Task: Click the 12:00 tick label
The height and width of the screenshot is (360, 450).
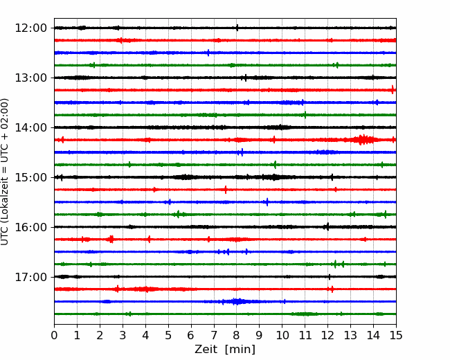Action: click(30, 28)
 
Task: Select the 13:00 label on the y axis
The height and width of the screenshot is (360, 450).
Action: click(30, 78)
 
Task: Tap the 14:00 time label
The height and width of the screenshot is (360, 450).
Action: click(30, 127)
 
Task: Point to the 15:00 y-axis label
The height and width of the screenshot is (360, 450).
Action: click(30, 177)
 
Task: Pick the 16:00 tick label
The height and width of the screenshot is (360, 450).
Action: click(30, 227)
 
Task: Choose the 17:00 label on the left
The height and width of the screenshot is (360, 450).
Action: click(30, 277)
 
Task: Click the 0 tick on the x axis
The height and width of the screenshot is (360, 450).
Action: click(54, 335)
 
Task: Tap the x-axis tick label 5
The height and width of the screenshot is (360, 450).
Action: click(168, 335)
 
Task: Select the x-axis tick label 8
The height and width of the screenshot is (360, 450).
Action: click(237, 335)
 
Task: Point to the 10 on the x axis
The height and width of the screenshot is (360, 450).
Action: click(282, 335)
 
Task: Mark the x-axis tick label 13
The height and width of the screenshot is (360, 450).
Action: click(350, 335)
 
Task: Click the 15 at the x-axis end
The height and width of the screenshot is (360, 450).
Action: click(396, 335)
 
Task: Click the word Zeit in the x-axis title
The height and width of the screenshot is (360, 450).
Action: click(206, 350)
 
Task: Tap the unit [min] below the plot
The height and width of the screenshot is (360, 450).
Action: click(240, 350)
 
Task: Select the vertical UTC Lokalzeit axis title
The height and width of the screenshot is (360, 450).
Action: click(5, 172)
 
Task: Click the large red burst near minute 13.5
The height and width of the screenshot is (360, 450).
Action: click(363, 140)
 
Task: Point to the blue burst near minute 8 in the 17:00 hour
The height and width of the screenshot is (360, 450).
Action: click(237, 301)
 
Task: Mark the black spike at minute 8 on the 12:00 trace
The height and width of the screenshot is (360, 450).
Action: click(237, 28)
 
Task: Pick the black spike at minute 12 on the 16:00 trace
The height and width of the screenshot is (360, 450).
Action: click(327, 227)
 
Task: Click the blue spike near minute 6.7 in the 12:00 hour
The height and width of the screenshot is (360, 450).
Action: click(208, 53)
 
